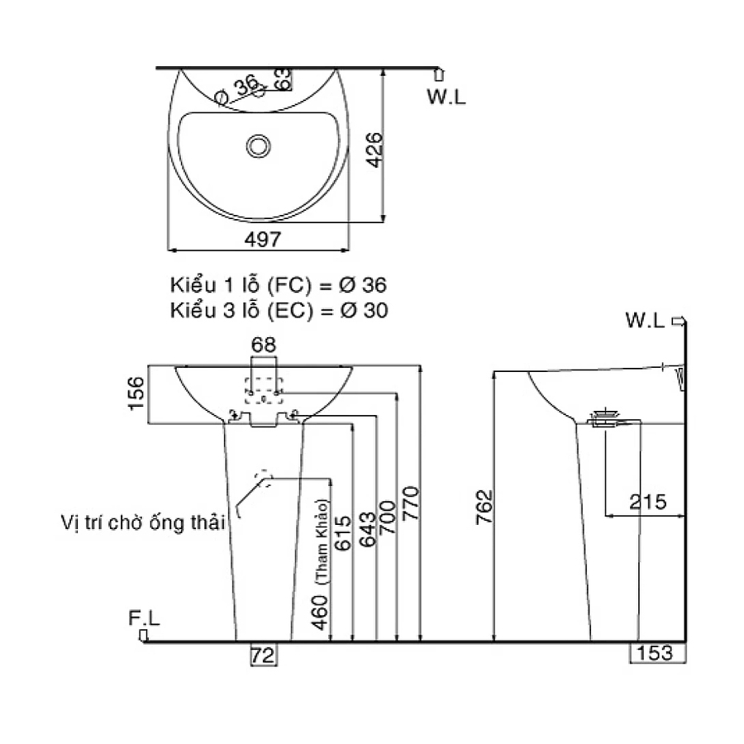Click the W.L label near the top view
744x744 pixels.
[x=446, y=97]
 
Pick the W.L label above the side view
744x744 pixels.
[x=645, y=321]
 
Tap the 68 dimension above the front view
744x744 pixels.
[x=264, y=345]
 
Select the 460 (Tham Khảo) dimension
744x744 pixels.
[x=322, y=570]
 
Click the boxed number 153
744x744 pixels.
[x=657, y=654]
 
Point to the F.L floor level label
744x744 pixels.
[x=144, y=618]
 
